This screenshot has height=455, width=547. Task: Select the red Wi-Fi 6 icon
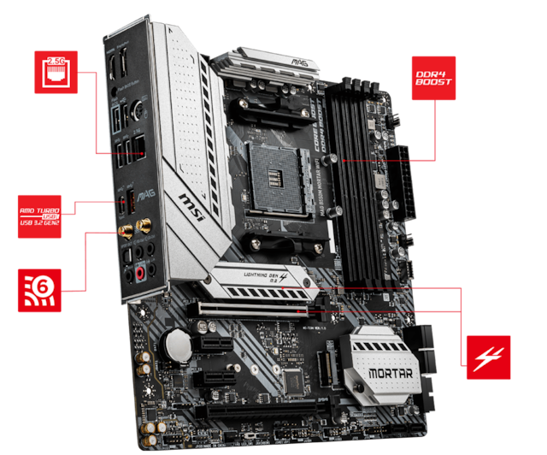click(x=39, y=287)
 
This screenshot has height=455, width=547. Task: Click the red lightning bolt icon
click(x=488, y=357)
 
